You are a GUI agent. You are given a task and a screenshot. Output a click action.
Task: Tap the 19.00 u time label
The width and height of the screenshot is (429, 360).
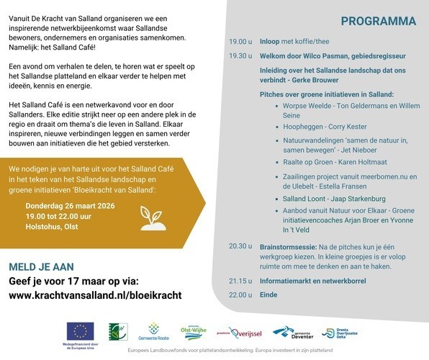click(x=240, y=42)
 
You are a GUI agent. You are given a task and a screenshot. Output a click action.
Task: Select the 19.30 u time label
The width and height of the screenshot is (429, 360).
click(x=240, y=55)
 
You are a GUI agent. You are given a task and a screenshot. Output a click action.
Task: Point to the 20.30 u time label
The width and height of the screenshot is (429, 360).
click(x=240, y=246)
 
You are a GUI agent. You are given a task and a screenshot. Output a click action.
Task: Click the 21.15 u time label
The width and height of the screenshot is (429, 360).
click(x=240, y=281)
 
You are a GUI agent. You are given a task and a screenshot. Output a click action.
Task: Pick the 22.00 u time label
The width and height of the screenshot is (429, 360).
click(x=240, y=295)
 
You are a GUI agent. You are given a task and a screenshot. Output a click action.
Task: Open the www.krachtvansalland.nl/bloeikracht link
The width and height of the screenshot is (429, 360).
click(x=95, y=295)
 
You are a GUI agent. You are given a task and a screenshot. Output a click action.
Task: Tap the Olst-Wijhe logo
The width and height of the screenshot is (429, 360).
click(x=194, y=332)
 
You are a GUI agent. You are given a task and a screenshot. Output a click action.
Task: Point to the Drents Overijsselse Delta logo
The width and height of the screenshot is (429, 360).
click(x=340, y=333)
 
